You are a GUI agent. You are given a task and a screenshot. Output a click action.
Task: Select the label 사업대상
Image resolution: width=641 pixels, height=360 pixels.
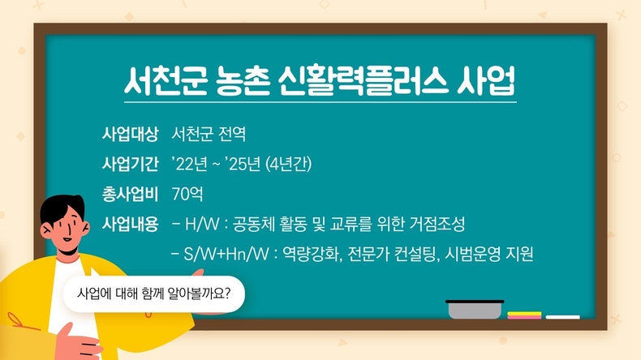[130, 134]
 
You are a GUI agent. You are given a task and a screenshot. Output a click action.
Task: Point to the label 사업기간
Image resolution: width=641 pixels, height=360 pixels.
[130, 164]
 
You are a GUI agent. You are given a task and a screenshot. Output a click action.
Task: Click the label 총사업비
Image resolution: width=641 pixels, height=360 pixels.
[130, 194]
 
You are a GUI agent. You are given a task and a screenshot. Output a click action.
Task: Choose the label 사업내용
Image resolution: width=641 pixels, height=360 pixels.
[130, 224]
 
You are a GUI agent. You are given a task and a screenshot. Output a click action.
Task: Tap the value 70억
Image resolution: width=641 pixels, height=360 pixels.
[187, 194]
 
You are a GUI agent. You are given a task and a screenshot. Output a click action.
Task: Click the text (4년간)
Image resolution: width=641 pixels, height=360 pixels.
[288, 164]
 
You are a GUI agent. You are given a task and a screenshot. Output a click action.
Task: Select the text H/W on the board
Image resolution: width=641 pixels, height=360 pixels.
[202, 224]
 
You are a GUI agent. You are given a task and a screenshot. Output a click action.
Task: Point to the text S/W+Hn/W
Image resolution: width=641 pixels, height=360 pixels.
[226, 254]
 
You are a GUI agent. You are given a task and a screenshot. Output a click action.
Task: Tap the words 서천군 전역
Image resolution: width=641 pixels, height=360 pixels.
[209, 134]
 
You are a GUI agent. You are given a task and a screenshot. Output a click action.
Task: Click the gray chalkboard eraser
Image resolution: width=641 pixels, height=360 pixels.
[475, 310]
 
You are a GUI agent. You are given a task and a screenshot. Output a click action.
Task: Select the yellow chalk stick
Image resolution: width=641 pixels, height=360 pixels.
[524, 314]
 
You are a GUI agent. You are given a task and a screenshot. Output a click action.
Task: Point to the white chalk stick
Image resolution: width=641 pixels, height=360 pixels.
[562, 317]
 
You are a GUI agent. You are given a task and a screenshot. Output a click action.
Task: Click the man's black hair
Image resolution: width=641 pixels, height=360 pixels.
[62, 208]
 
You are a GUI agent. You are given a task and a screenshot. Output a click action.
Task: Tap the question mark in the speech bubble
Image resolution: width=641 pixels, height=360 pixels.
[227, 293]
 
